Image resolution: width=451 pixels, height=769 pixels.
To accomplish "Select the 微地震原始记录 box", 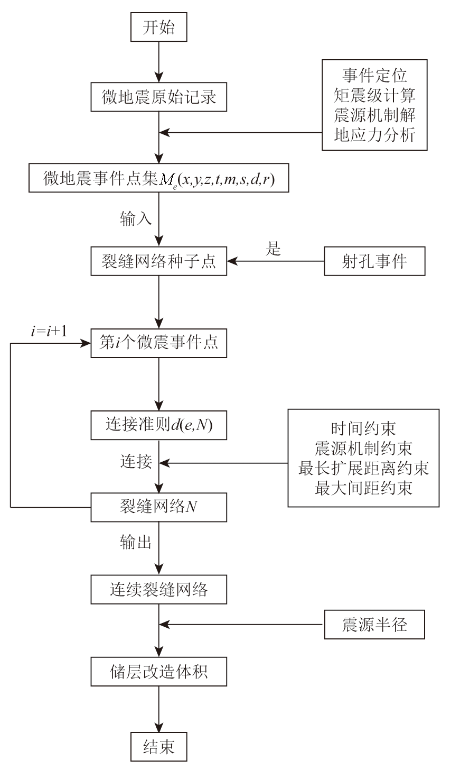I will tap(158, 97).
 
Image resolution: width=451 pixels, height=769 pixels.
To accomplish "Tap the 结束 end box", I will tap(158, 746).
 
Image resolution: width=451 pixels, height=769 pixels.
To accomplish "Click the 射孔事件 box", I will tap(374, 262).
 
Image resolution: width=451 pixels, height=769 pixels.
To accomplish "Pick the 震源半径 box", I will tap(374, 626).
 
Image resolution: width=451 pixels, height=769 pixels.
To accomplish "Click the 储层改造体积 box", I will tap(158, 672).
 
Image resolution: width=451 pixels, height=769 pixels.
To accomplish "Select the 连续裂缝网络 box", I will tap(158, 589).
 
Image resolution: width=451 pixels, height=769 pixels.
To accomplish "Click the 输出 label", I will tap(135, 543).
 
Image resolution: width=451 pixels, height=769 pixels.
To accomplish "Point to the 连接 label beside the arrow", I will tap(136, 462).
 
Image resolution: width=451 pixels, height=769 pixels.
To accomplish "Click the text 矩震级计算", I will tap(374, 96).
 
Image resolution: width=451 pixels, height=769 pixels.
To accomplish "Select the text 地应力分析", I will tap(374, 135).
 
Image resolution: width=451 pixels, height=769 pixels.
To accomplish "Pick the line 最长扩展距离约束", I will tap(363, 468).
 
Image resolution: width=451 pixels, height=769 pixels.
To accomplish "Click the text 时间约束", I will tap(363, 428).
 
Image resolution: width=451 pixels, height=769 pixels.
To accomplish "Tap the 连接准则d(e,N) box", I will tap(158, 425).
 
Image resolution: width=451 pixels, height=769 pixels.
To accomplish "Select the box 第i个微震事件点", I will tap(158, 343).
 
